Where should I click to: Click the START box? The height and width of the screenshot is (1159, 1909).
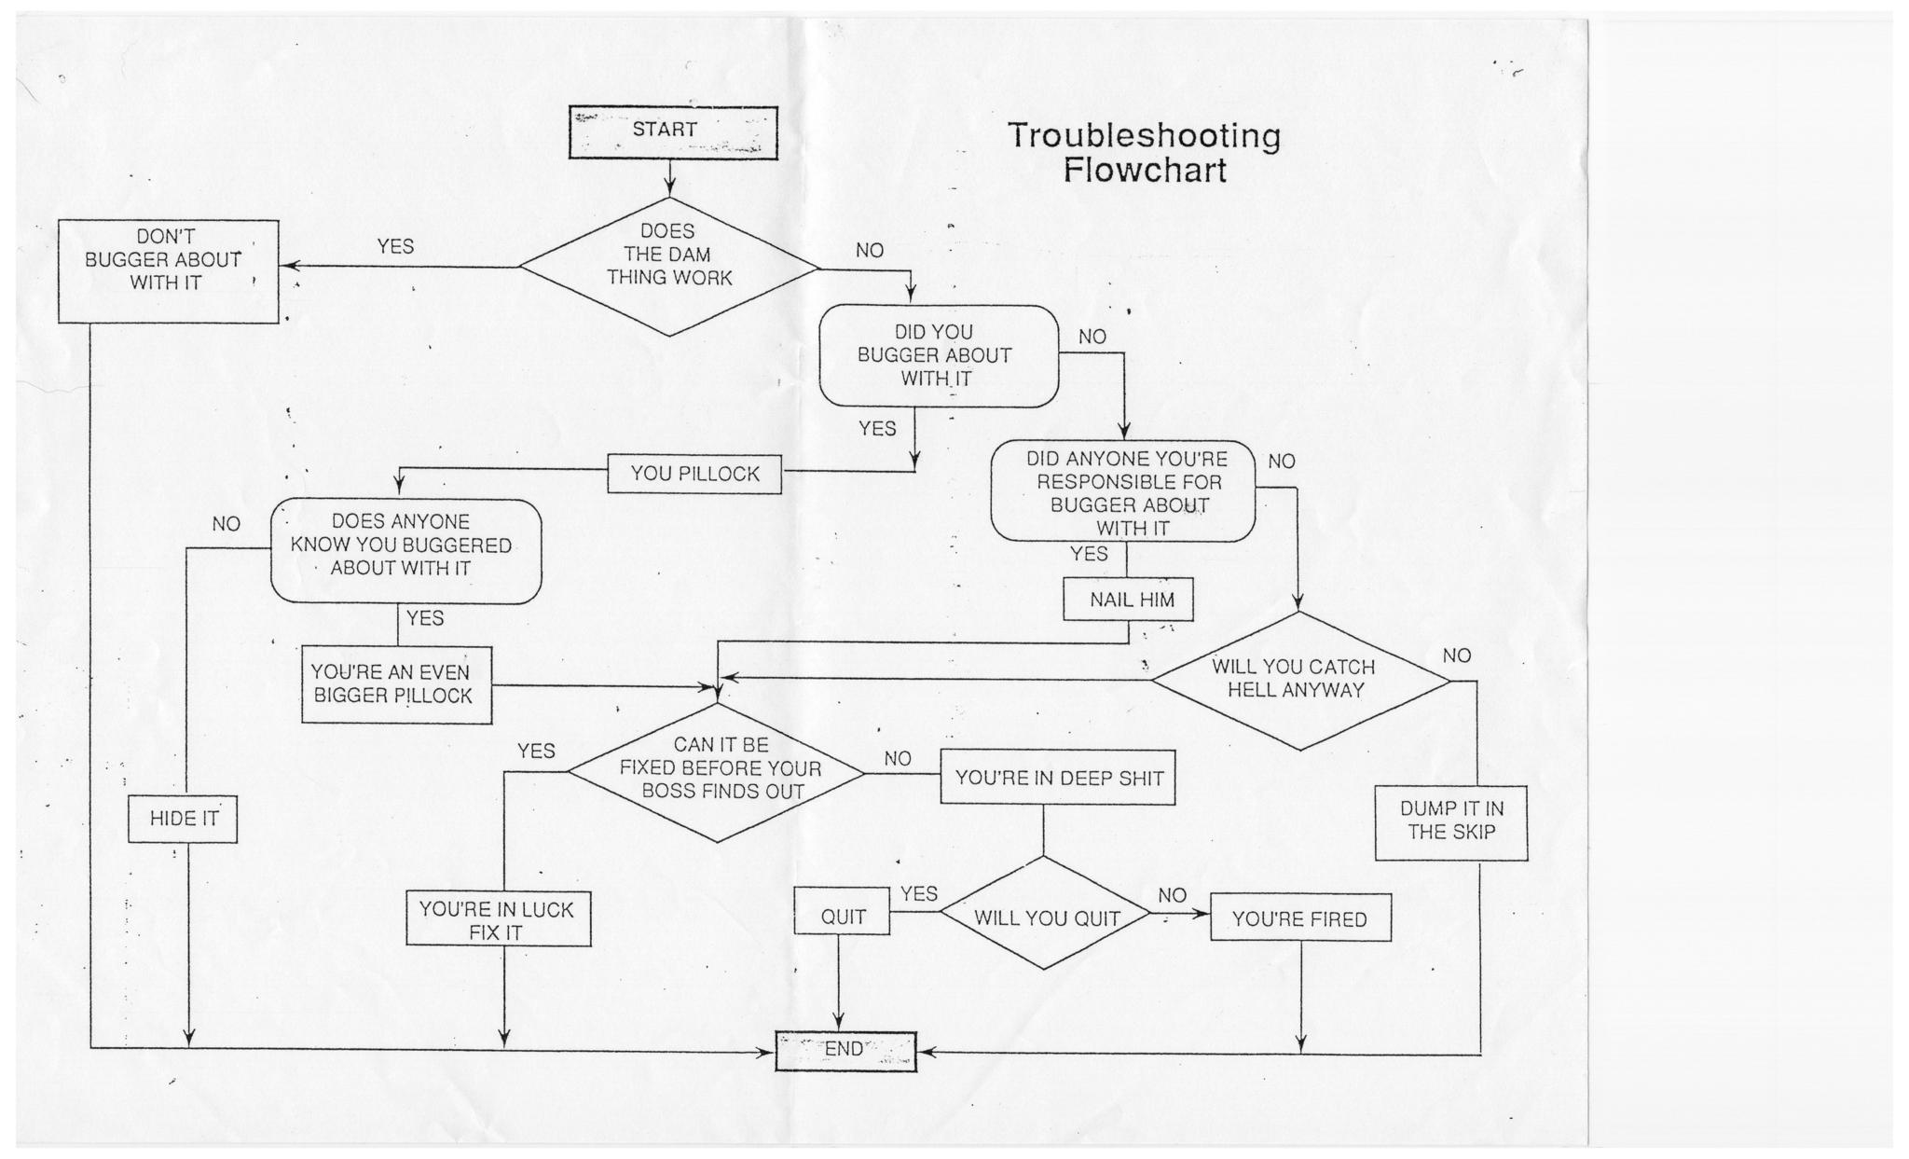coord(673,132)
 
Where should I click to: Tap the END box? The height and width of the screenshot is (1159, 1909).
coord(845,1051)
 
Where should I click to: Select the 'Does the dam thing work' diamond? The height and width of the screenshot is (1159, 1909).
coord(669,266)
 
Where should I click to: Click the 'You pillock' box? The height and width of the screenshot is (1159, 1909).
coord(694,474)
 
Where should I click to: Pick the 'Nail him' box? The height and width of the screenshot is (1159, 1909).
coord(1129,600)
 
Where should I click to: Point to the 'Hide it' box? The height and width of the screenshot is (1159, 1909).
coord(183,819)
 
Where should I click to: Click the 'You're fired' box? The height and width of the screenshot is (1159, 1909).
coord(1300,918)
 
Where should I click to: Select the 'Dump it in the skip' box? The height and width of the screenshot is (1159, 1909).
coord(1451,821)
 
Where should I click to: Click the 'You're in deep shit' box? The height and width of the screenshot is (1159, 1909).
coord(1057,777)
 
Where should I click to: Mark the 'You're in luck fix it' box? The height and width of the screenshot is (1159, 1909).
coord(498,918)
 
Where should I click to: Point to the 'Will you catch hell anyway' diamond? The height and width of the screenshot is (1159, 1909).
coord(1299,681)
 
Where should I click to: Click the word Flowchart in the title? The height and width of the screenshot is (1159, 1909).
coord(1145,171)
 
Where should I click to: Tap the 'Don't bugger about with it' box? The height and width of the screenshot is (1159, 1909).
coord(169,271)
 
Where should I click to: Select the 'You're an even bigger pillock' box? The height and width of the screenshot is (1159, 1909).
coord(396,684)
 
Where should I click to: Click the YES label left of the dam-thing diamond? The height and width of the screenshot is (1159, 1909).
coord(395,246)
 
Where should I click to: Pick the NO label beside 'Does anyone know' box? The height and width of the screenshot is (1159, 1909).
coord(227,524)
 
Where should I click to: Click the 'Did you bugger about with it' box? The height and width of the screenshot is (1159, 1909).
coord(939,355)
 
